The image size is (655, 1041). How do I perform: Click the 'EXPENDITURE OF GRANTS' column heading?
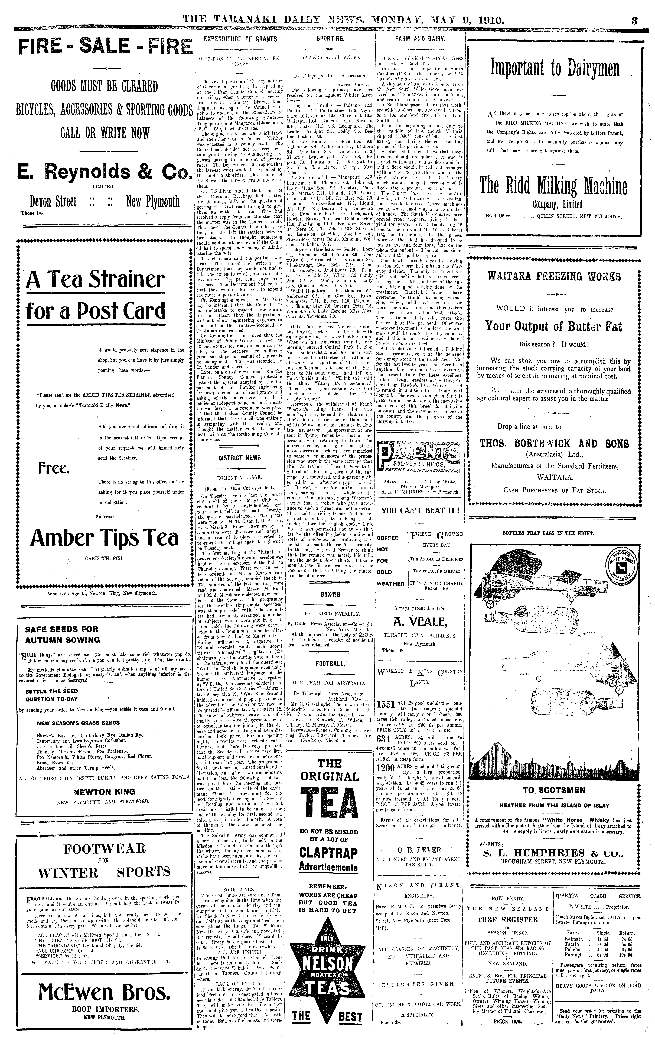241,39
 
